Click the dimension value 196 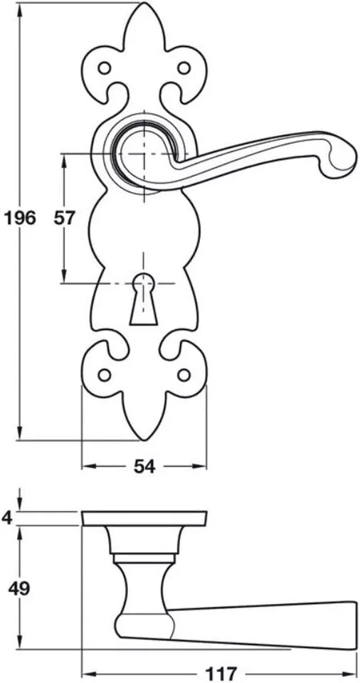19,218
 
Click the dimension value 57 64,218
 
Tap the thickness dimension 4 7,518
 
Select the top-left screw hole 105,68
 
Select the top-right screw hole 184,68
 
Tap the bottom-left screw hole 105,375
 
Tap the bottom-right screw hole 184,375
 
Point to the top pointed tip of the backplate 144,6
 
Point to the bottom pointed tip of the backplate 144,437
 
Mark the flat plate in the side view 144,519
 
